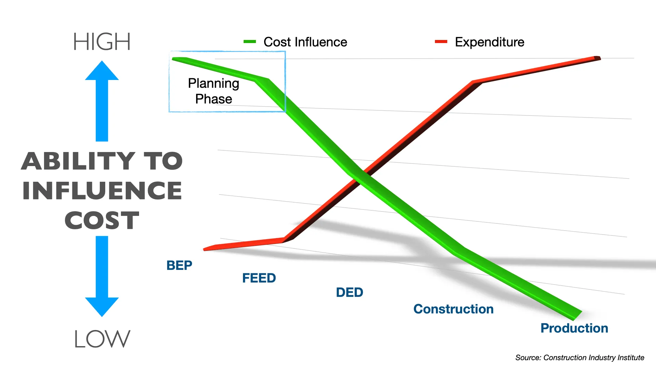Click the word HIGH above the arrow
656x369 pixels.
102,42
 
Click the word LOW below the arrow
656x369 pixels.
102,339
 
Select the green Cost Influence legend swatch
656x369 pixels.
249,42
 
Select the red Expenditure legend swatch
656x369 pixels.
441,42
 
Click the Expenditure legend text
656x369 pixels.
489,42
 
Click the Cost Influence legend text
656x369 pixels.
305,42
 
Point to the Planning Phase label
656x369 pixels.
214,91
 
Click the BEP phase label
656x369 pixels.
179,265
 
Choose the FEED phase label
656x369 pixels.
259,278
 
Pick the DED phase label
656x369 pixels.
350,292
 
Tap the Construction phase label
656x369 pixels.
453,309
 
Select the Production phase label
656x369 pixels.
574,328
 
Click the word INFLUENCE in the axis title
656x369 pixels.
102,191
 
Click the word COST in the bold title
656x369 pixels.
102,220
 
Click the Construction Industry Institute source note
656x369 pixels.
579,358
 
